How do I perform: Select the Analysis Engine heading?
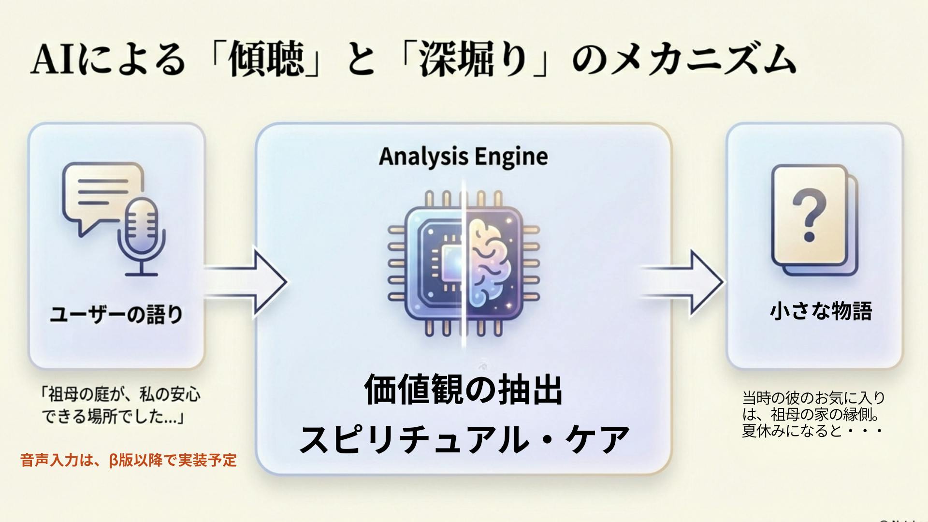463,157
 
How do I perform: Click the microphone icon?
141,232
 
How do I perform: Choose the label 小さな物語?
821,311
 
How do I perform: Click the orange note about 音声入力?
129,460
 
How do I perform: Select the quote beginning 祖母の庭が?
121,406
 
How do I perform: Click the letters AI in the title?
53,61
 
